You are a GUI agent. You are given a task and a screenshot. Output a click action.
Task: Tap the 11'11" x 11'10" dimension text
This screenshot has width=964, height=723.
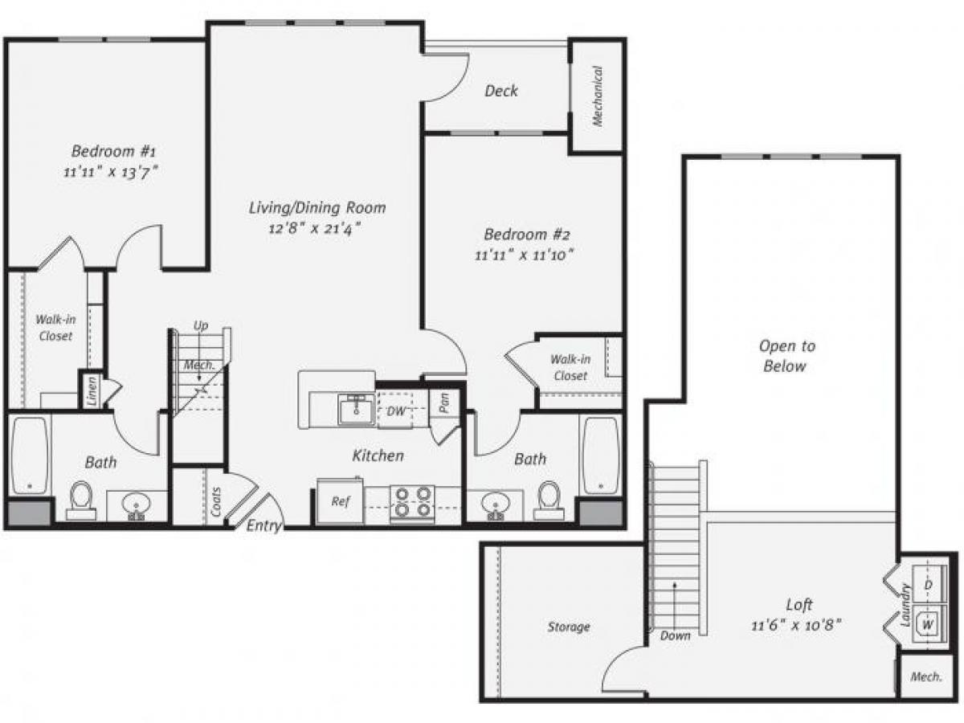527,255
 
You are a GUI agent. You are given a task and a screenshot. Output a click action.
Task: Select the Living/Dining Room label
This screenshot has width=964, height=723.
317,208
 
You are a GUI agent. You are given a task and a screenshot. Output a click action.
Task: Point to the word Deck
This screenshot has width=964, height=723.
500,91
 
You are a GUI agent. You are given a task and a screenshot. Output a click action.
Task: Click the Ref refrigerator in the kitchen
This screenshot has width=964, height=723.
340,500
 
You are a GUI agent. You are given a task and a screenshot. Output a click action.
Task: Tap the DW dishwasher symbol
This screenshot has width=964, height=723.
396,411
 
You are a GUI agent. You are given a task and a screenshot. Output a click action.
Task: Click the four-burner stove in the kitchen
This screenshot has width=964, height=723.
412,501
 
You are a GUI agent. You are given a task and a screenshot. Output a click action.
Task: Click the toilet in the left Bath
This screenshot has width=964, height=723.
81,499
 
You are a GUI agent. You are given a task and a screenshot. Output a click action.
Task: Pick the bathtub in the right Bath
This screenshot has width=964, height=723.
600,455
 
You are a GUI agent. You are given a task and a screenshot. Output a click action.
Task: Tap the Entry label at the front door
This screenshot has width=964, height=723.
263,526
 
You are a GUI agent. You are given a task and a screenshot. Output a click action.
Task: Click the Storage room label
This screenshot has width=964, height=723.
569,627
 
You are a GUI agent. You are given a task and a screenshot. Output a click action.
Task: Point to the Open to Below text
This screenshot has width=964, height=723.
786,356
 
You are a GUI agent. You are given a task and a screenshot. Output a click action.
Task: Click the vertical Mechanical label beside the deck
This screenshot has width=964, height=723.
597,96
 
